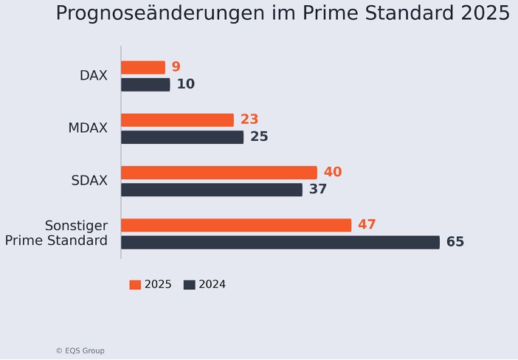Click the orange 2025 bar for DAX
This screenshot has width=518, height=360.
[x=142, y=67]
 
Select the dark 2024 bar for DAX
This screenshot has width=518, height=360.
[x=145, y=85]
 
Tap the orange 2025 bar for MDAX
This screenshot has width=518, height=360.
[x=177, y=120]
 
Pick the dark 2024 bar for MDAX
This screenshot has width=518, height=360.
[x=182, y=137]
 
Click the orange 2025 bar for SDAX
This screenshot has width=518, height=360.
[x=218, y=172]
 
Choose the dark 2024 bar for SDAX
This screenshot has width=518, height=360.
[x=211, y=190]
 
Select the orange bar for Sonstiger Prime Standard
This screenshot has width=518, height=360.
[x=235, y=225]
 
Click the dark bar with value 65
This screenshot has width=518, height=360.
[x=280, y=242]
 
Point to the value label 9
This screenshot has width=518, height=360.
[x=176, y=67]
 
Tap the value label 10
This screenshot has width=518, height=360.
[x=185, y=85]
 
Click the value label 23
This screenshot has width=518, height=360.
[x=249, y=120]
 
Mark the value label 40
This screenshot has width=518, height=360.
[x=332, y=172]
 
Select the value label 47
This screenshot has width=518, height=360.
[x=367, y=225]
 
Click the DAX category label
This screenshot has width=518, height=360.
[x=94, y=76]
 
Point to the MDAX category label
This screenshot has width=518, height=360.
[x=88, y=128]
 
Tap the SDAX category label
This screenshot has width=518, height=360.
[x=89, y=181]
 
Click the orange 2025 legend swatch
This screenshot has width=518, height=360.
[x=135, y=285]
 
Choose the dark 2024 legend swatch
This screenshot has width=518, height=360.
[x=189, y=285]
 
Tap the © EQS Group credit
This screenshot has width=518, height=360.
[x=80, y=351]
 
